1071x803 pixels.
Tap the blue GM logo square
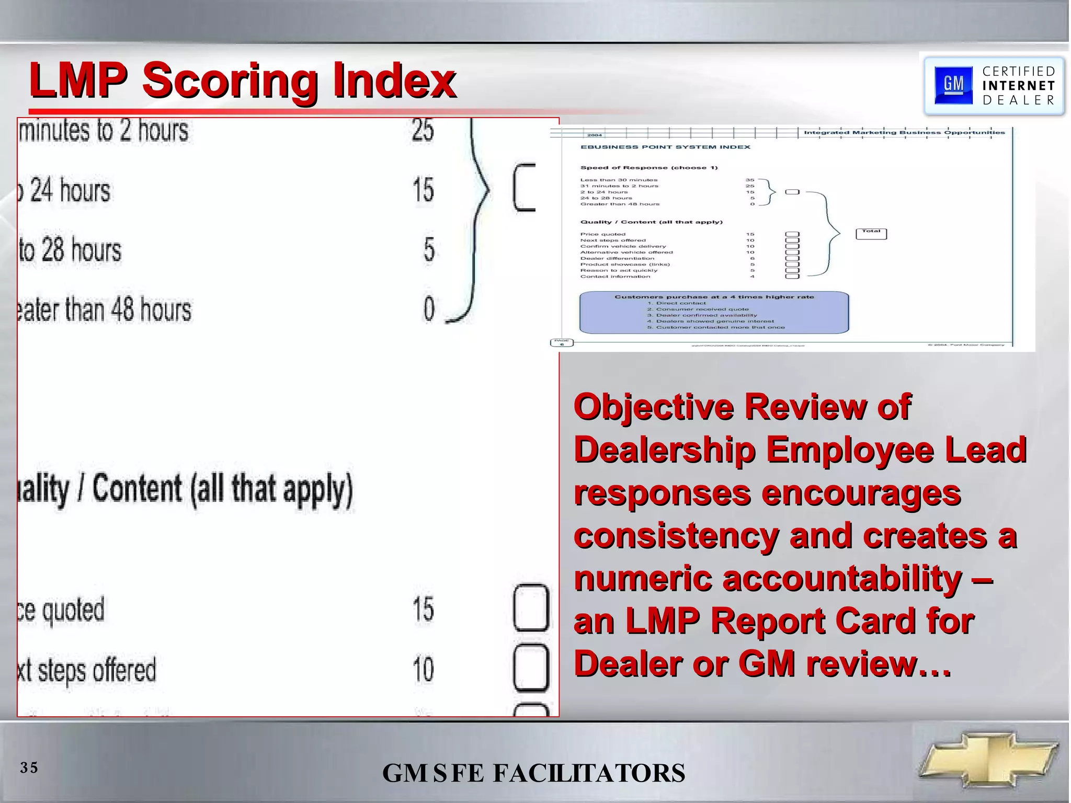[x=953, y=85]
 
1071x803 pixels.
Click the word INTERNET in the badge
[x=1018, y=86]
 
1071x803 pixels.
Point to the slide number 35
[x=29, y=767]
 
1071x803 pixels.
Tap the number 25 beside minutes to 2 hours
[x=423, y=130]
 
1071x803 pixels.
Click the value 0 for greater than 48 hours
[x=429, y=309]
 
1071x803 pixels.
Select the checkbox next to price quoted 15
[x=531, y=609]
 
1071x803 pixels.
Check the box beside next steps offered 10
[x=531, y=668]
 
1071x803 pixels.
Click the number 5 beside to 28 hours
[x=429, y=249]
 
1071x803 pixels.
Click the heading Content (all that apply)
[x=222, y=489]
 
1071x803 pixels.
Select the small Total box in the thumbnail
[x=871, y=233]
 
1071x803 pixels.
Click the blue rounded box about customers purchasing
[x=714, y=313]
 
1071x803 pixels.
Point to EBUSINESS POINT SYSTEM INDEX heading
[x=665, y=147]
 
